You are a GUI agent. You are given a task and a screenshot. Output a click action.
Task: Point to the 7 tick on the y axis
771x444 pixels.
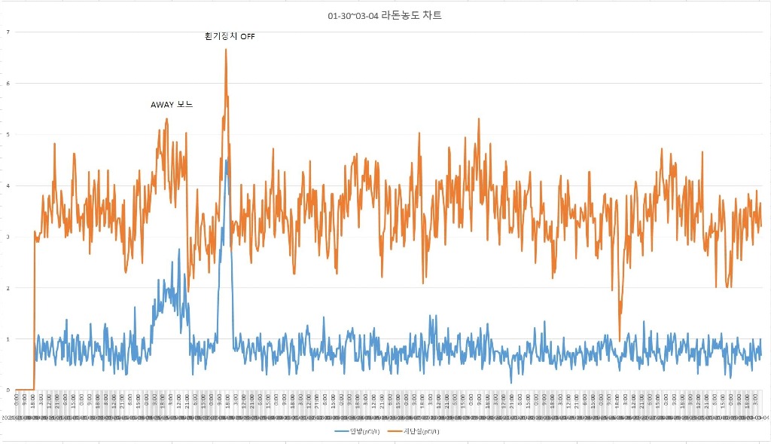coord(8,32)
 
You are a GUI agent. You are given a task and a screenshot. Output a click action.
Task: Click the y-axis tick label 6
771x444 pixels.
coord(8,83)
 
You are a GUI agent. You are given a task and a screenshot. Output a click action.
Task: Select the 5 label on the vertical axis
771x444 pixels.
coord(8,134)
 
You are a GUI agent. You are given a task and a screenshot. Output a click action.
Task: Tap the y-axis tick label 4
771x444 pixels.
coord(8,185)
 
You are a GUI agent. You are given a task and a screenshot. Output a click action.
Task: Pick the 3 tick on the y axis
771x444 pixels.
coord(8,237)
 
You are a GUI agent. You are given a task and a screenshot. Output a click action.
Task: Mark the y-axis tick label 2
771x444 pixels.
coord(8,288)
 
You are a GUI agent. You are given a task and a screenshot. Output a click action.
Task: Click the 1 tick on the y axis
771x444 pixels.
coord(8,338)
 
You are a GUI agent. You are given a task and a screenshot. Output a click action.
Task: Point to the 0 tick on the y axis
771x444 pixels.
coord(8,390)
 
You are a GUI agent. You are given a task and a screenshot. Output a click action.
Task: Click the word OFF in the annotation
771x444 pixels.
coord(247,36)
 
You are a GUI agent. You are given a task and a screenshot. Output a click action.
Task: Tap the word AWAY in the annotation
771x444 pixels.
coord(163,105)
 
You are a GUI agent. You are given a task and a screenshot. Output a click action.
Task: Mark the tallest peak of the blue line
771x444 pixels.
coord(226,160)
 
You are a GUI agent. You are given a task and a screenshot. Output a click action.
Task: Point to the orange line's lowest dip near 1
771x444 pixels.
coord(620,341)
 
